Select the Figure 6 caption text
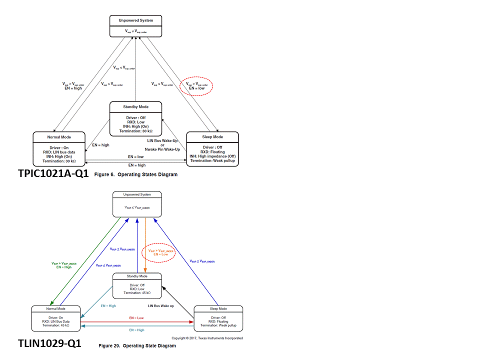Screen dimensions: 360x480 135,175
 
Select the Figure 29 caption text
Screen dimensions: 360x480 137,345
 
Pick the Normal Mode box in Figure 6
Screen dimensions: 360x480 59,148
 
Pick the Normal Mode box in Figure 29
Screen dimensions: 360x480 55,317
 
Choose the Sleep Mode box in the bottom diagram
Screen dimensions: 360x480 218,317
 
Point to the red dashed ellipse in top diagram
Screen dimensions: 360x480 196,86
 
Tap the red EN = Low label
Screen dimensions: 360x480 136,318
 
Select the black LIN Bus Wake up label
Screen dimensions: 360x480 161,305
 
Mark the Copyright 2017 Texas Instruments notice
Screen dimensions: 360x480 207,338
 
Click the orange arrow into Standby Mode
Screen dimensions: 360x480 145,245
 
